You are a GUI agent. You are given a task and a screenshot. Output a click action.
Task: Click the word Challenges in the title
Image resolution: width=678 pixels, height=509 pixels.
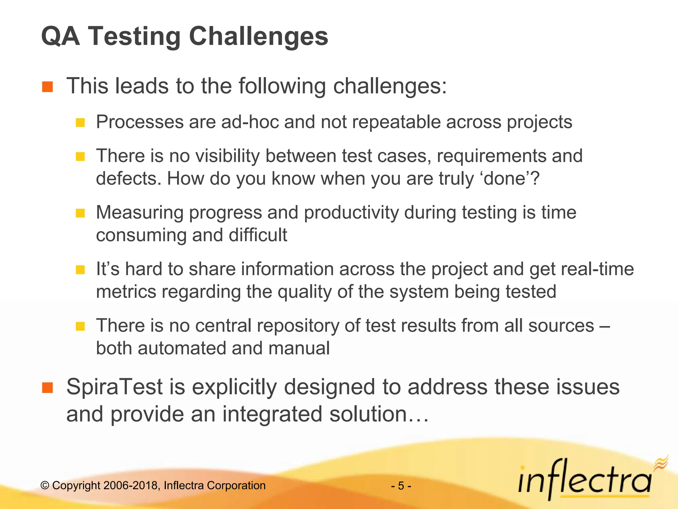tap(258, 36)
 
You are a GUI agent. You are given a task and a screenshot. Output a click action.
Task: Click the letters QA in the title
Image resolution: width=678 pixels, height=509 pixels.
tap(61, 36)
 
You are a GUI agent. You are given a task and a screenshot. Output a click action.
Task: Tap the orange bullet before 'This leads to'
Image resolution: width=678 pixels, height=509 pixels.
tap(48, 86)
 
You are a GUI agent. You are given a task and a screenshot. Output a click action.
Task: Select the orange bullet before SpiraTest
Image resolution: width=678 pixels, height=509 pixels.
tap(48, 387)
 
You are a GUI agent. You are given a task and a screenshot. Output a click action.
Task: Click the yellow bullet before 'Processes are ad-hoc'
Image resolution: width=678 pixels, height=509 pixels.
tap(80, 123)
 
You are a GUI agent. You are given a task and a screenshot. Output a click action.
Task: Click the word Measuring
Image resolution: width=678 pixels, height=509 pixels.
tap(139, 213)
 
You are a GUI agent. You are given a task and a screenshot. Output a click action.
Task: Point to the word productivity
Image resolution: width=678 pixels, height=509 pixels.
tap(351, 213)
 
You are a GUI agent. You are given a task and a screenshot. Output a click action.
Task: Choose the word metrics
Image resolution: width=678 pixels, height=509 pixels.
tap(126, 292)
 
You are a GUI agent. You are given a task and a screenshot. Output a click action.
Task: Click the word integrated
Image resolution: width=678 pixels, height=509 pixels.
tap(272, 414)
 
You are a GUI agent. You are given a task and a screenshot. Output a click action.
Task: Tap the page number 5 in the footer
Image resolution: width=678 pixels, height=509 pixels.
tap(401, 486)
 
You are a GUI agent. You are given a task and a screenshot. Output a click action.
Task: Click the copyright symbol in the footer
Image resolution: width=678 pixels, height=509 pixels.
tap(45, 486)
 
